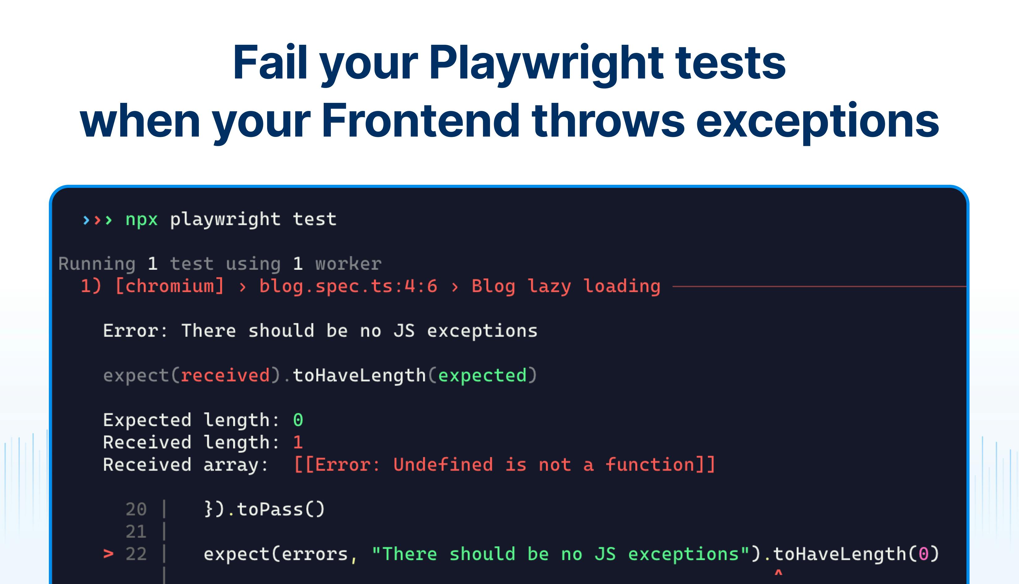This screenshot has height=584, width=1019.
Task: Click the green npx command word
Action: (141, 220)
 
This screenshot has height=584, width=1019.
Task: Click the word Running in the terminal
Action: (97, 264)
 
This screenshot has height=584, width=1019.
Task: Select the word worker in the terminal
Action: (348, 264)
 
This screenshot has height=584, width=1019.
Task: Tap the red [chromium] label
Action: (169, 286)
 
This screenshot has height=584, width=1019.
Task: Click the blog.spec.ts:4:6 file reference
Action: (348, 286)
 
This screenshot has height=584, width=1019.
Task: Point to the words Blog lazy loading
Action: (566, 286)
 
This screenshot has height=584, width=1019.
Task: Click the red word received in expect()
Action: (225, 375)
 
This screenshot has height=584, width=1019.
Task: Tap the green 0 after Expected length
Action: (298, 420)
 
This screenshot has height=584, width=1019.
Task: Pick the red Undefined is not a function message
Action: (504, 465)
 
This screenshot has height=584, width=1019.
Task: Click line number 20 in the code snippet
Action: (136, 510)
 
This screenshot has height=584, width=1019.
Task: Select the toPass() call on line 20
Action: (280, 510)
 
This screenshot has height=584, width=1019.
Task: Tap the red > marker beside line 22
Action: (108, 554)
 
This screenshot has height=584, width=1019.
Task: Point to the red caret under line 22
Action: (778, 573)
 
